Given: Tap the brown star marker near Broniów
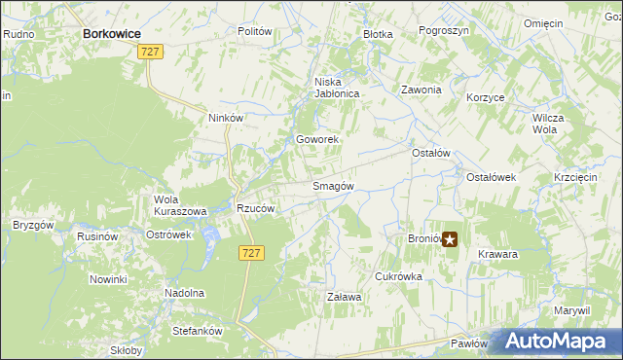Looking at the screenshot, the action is pyautogui.click(x=450, y=237).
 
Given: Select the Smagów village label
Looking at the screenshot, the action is pyautogui.click(x=332, y=186).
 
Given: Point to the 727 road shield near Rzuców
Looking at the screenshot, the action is pyautogui.click(x=249, y=252).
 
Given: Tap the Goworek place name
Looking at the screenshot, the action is pyautogui.click(x=317, y=140).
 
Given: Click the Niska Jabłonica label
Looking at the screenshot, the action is pyautogui.click(x=337, y=89).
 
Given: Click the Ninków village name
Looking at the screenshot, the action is pyautogui.click(x=225, y=118).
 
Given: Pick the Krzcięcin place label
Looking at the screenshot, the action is pyautogui.click(x=574, y=177).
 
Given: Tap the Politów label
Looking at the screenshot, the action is pyautogui.click(x=254, y=31).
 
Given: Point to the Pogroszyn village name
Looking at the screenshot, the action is pyautogui.click(x=444, y=31).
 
